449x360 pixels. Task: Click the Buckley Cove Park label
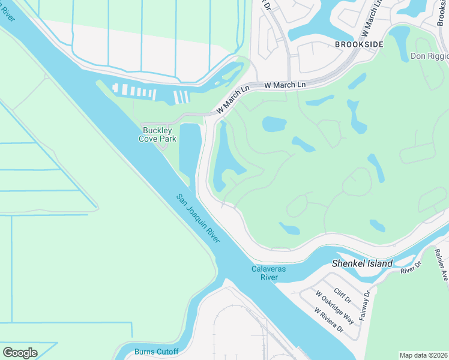coord(159,134)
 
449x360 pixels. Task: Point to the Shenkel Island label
coord(363,263)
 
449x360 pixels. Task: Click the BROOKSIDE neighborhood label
coord(359,44)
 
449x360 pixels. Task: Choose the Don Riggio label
coord(429,56)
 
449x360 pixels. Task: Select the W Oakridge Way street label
coord(336,305)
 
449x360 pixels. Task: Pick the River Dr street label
coord(411,269)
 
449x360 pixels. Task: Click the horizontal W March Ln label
coord(285,85)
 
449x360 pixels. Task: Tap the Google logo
coord(20,353)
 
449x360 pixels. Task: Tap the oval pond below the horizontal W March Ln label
coord(274,124)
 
